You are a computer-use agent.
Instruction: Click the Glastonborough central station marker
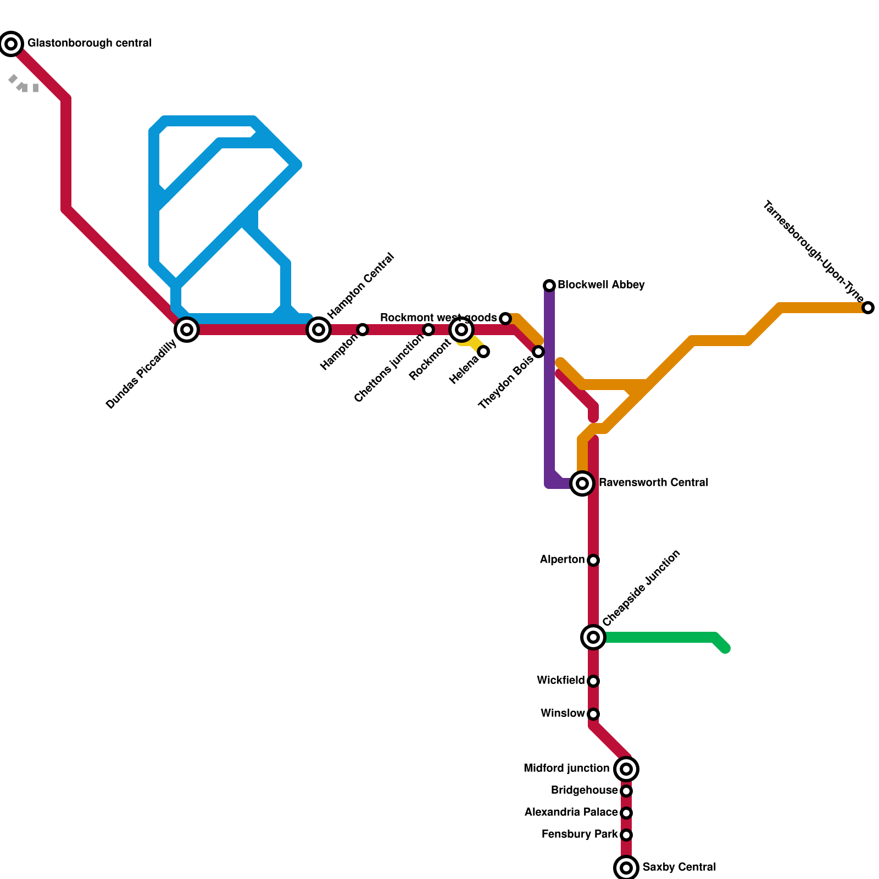11,43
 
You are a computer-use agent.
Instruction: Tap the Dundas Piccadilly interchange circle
187,330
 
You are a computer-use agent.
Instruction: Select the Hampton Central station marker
319,330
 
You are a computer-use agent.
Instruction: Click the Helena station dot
483,352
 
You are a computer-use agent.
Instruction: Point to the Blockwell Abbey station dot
549,285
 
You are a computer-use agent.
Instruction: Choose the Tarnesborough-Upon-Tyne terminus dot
868,308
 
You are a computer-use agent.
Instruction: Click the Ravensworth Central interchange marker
582,483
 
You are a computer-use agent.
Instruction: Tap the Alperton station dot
593,560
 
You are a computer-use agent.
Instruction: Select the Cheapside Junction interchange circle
593,637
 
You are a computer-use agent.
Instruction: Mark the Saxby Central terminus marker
626,868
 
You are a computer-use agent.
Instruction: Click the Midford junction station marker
626,769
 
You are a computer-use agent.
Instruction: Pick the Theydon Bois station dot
538,352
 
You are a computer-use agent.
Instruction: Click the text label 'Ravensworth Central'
653,483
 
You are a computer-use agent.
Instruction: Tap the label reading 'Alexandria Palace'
571,813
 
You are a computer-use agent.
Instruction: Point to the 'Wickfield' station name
560,681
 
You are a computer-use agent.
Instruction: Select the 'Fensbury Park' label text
579,835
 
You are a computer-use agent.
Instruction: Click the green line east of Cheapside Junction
659,637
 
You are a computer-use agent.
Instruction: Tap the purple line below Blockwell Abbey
549,385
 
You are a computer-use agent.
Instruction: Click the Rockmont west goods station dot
505,319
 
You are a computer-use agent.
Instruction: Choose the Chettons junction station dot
429,330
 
